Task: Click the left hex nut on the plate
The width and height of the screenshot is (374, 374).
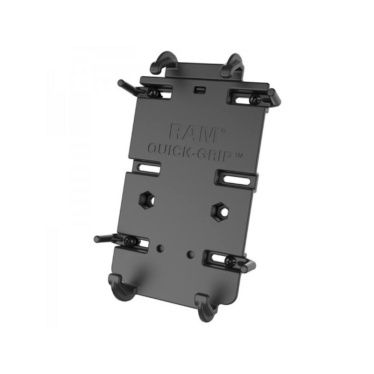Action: pyautogui.click(x=146, y=200)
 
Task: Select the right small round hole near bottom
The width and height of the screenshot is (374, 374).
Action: pyautogui.click(x=190, y=254)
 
